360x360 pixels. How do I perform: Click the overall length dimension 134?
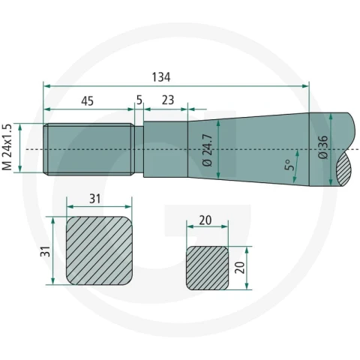161,77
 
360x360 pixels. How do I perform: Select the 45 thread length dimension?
88,101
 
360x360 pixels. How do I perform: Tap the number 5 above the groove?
139,100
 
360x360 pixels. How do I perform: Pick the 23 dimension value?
168,100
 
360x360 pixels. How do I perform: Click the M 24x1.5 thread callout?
7,147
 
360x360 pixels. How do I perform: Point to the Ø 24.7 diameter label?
208,150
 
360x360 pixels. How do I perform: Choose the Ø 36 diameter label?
323,147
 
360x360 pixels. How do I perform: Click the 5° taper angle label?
289,165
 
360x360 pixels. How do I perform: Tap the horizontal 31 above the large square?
95,199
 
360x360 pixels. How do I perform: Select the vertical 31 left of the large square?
46,251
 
